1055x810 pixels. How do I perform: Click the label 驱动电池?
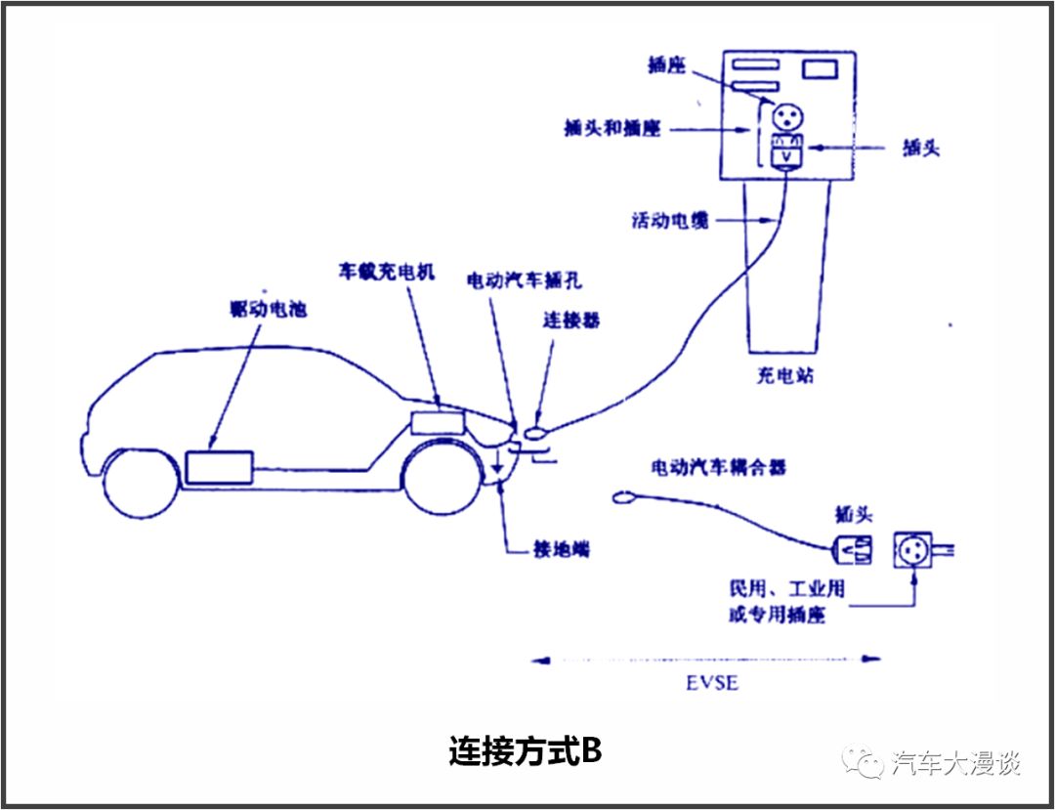pyautogui.click(x=263, y=310)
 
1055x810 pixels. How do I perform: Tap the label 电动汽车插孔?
pyautogui.click(x=524, y=281)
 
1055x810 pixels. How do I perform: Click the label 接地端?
pyautogui.click(x=547, y=550)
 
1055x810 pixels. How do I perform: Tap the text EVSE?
pyautogui.click(x=711, y=683)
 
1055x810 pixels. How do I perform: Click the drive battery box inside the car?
pyautogui.click(x=219, y=466)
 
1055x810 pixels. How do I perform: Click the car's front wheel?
pyautogui.click(x=443, y=480)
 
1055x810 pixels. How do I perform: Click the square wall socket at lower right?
pyautogui.click(x=912, y=551)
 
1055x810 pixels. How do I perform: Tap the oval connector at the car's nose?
pyautogui.click(x=536, y=432)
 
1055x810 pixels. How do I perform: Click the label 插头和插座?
pyautogui.click(x=612, y=128)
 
